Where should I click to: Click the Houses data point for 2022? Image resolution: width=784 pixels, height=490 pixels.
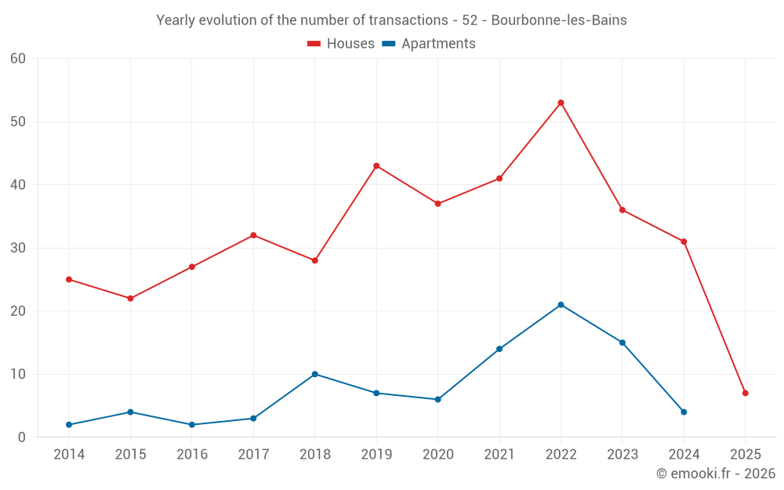point(561,103)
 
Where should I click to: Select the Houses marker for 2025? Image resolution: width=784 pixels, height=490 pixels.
point(745,393)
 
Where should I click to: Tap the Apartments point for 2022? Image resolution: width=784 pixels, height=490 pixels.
point(561,305)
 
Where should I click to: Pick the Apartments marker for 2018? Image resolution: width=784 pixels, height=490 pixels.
point(314,374)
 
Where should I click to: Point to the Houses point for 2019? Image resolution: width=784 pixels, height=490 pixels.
point(376,166)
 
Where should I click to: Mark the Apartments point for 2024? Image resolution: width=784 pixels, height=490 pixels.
point(684,412)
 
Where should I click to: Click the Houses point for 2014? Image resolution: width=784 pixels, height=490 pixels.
point(69,279)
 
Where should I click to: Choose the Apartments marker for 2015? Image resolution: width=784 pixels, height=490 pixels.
point(130,412)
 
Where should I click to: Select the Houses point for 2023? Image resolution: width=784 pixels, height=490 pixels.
point(622,210)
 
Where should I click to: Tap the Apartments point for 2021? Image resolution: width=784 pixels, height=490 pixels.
point(499,349)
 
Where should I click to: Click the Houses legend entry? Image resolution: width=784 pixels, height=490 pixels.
point(341,44)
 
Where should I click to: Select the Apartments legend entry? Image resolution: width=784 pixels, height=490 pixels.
point(429,44)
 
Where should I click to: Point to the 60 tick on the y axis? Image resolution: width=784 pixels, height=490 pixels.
point(18,59)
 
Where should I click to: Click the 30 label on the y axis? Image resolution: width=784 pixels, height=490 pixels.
point(18,248)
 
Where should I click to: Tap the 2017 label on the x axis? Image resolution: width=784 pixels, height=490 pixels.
point(253,455)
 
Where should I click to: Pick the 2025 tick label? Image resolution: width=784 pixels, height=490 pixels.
point(745,455)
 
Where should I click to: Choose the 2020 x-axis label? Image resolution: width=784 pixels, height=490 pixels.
point(437,455)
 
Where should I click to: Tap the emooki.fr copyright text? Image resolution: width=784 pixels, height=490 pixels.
point(716,474)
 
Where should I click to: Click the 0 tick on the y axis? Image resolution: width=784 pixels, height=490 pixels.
point(22,437)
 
